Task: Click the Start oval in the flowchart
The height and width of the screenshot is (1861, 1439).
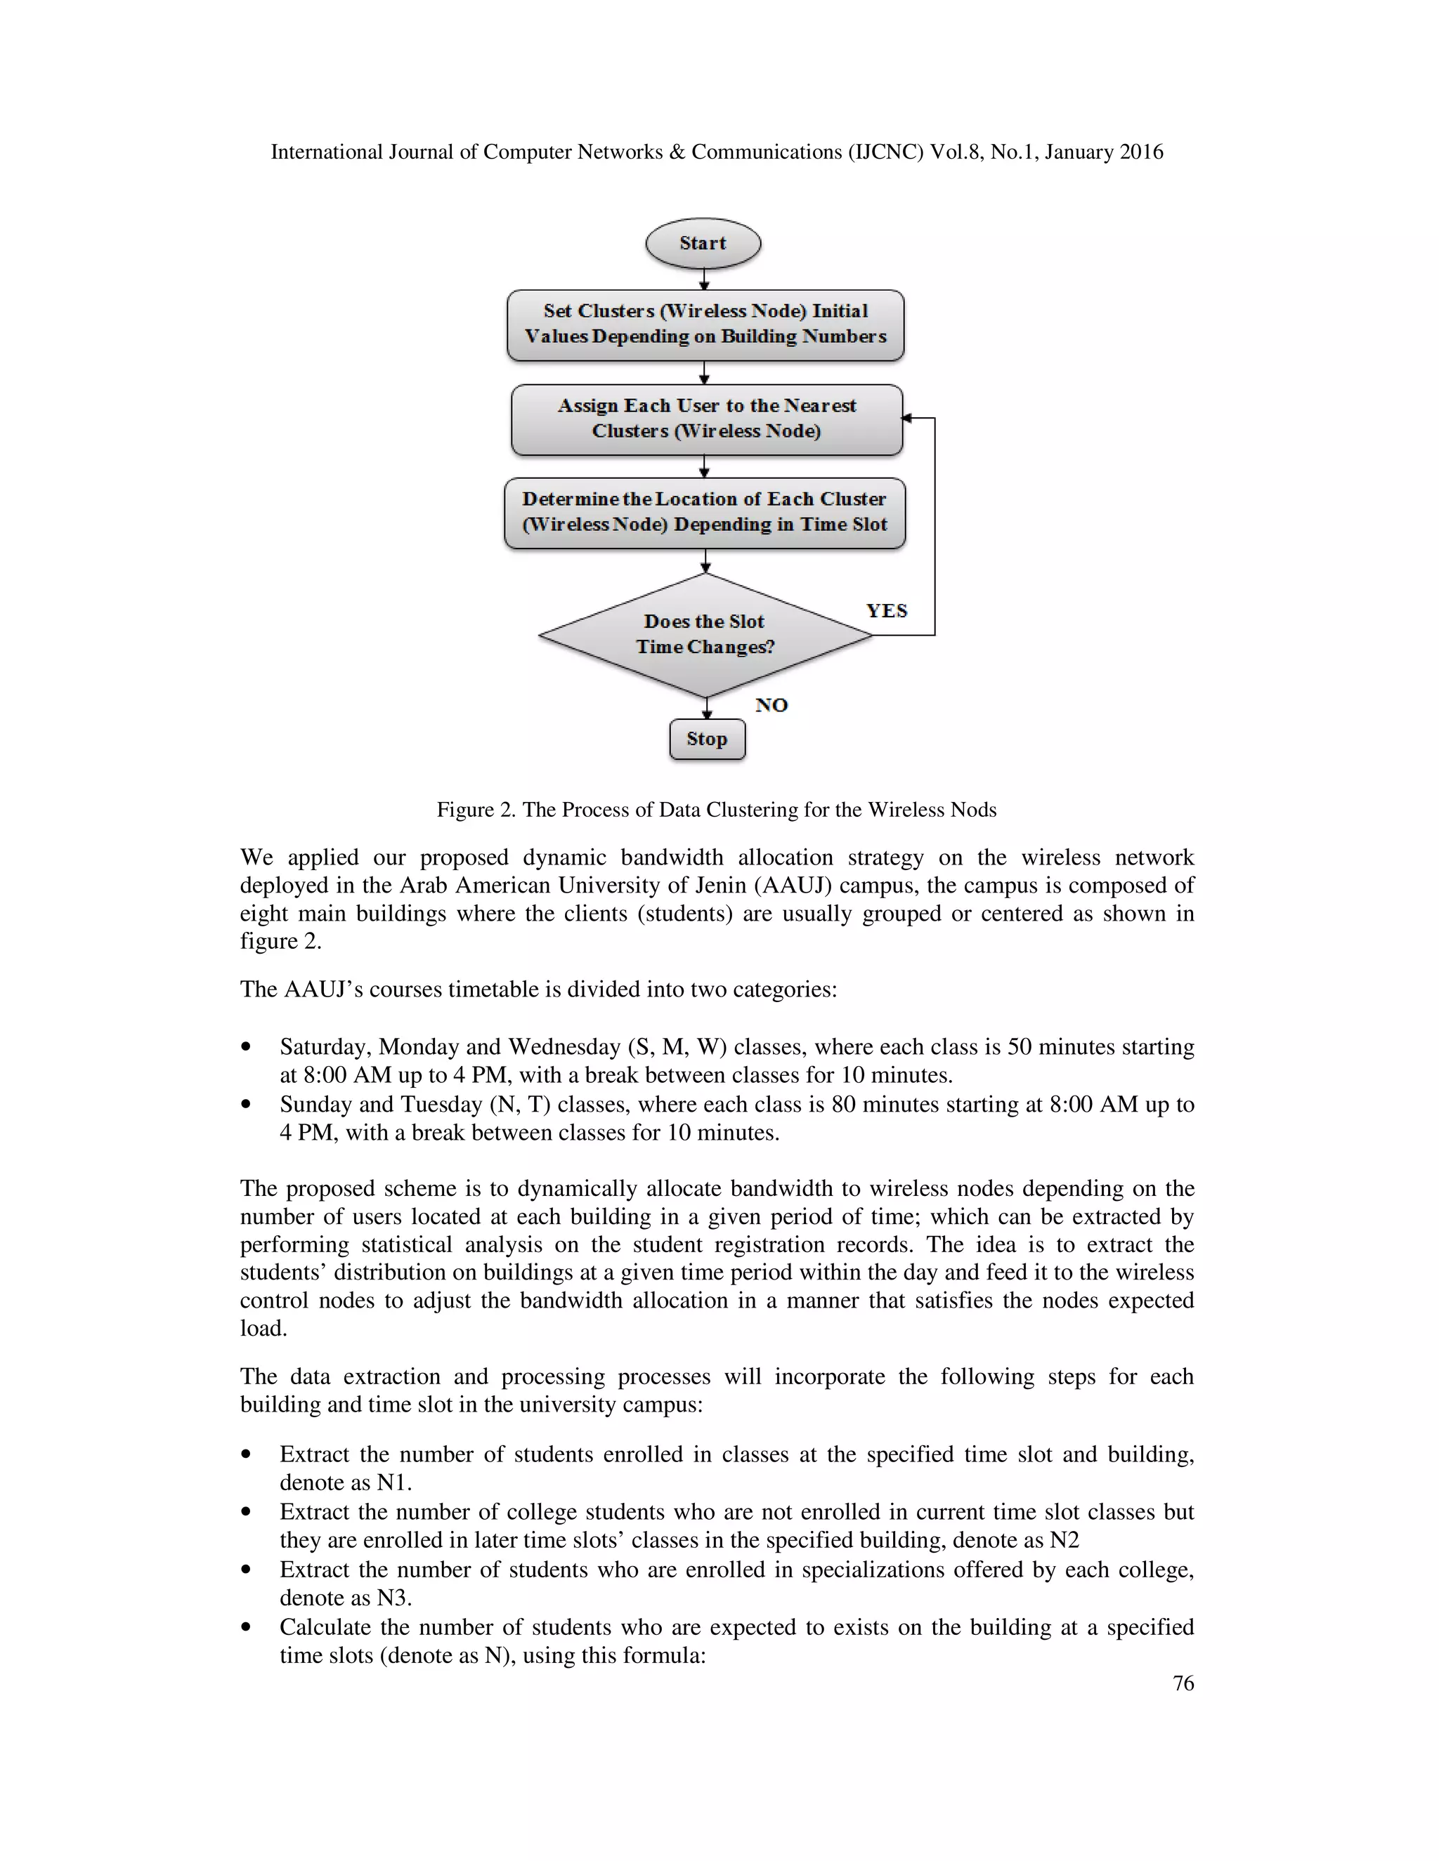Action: [x=703, y=244]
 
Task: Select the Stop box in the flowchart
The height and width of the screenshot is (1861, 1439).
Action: [x=707, y=739]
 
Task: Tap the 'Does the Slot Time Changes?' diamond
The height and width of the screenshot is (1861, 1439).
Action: [x=705, y=635]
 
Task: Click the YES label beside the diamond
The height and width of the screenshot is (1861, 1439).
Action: [x=887, y=611]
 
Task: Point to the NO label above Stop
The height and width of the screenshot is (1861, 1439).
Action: [x=771, y=704]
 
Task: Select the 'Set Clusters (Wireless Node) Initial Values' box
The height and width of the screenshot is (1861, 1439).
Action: [x=705, y=324]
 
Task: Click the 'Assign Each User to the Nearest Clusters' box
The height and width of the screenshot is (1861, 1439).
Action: [x=706, y=419]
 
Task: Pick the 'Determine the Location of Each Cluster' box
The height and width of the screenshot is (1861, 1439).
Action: [x=705, y=512]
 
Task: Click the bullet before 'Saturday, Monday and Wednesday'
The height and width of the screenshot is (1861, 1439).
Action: [x=247, y=1047]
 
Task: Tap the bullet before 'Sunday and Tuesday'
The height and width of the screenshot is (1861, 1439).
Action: [x=247, y=1105]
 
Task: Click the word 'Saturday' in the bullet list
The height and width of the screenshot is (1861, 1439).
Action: [x=325, y=1046]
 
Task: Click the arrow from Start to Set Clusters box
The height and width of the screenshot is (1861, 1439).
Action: [x=704, y=279]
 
